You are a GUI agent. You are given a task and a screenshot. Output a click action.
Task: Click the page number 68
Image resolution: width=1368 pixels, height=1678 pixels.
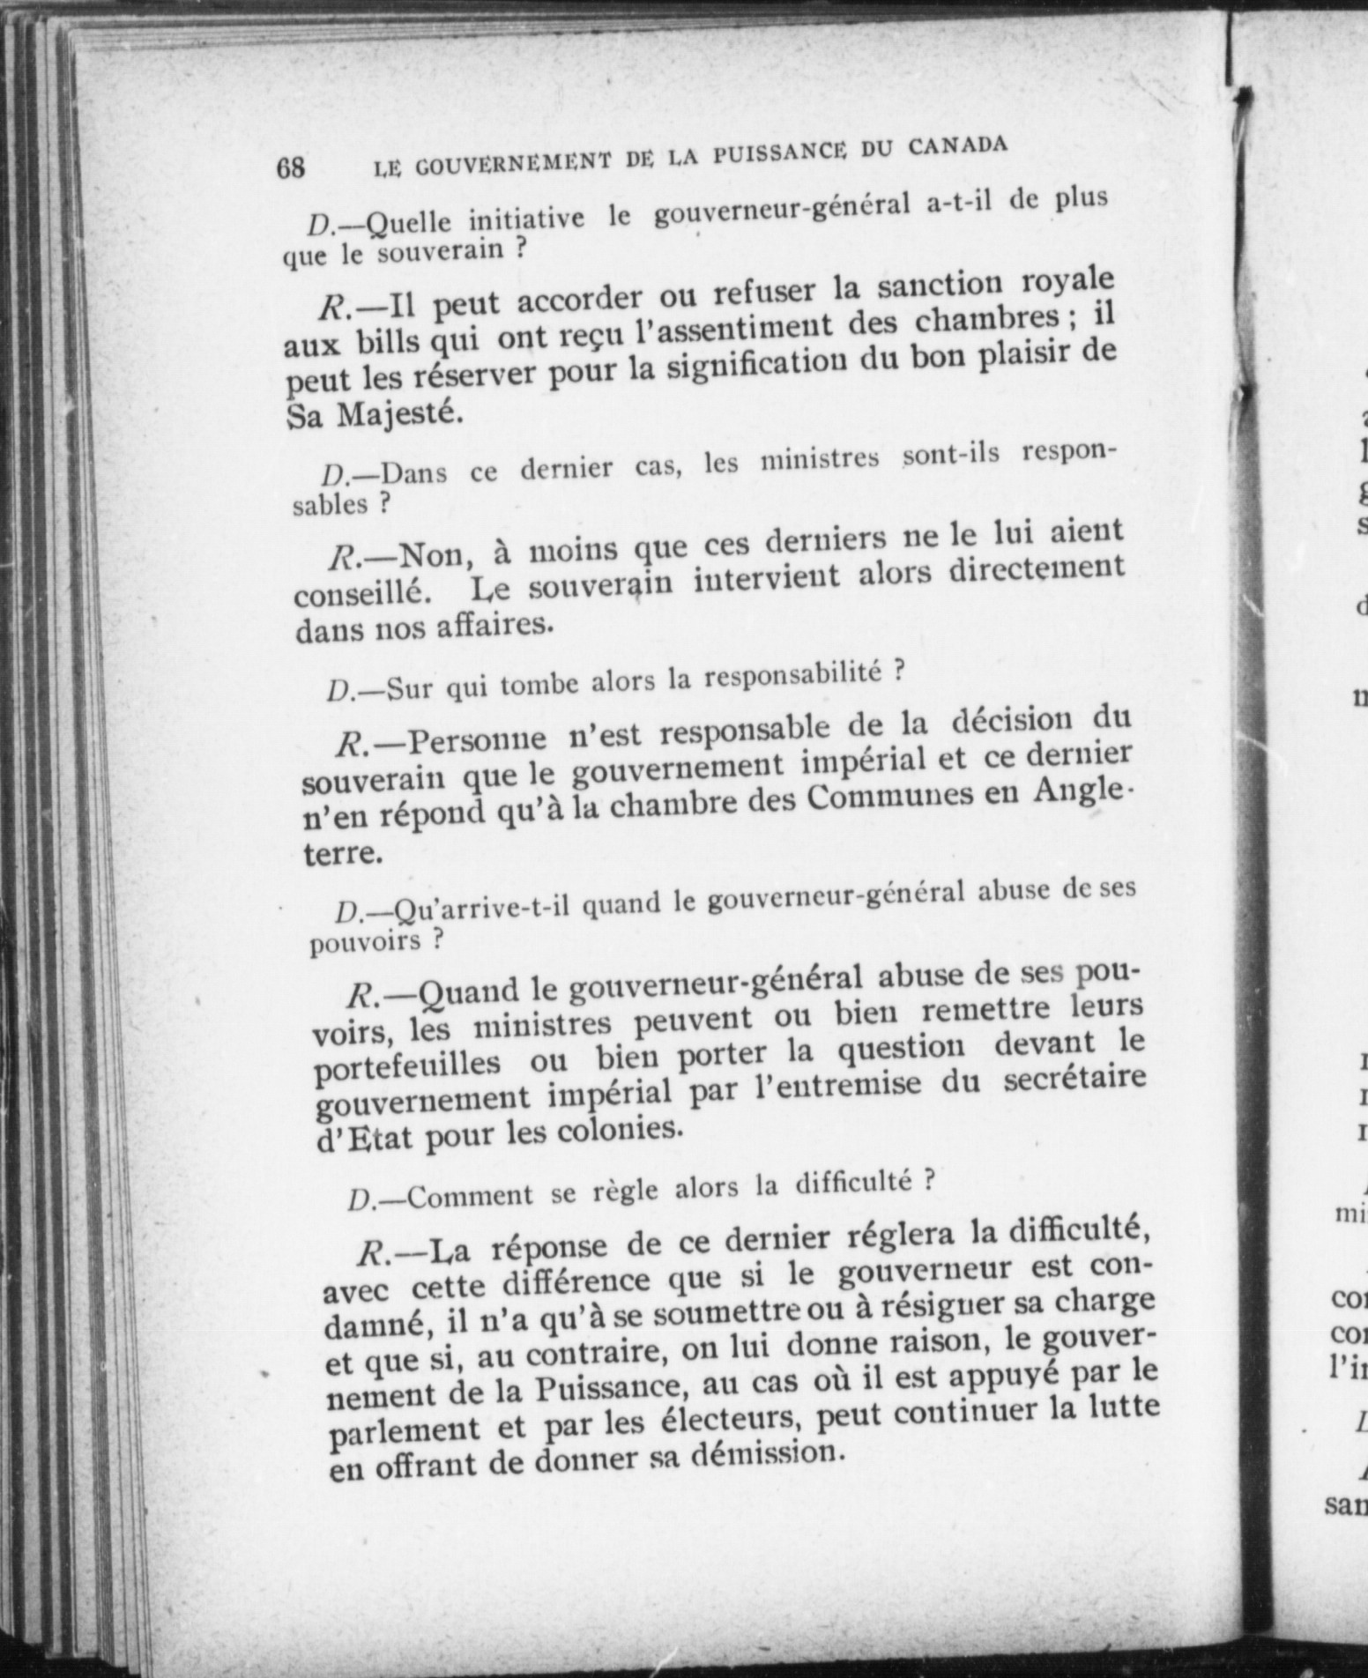tap(291, 167)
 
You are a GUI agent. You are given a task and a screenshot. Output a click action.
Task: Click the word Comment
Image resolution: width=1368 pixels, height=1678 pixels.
tap(471, 1196)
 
